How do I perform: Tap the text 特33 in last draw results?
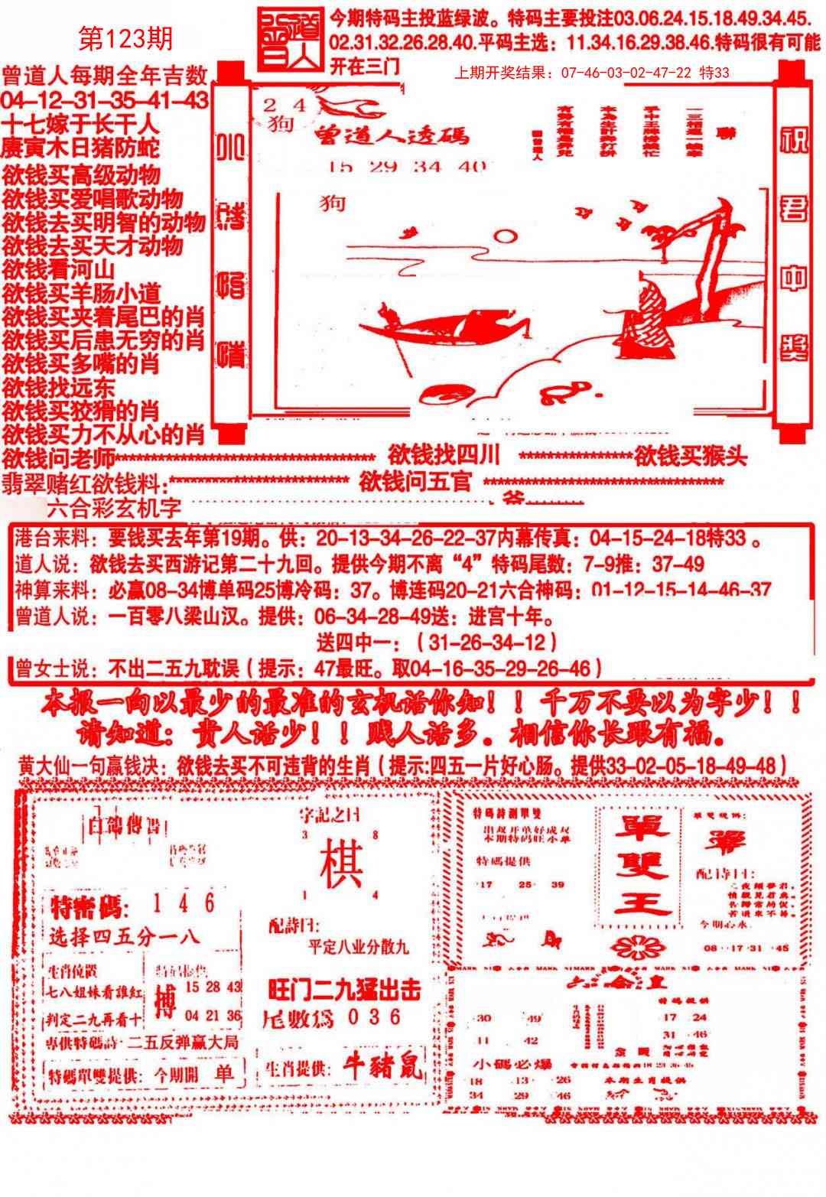coord(714,73)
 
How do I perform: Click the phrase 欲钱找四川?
coord(444,455)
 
